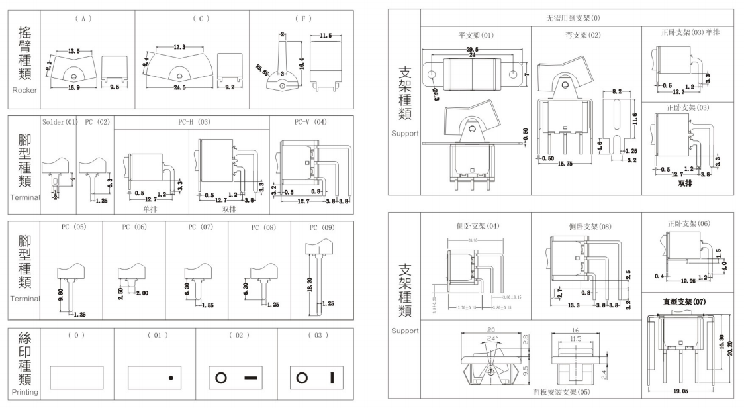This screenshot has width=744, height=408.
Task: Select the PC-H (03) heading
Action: (x=191, y=123)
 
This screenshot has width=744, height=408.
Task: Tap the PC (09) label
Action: (x=320, y=227)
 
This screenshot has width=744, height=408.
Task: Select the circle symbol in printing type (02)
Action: (x=221, y=378)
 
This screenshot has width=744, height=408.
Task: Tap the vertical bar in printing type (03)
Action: (x=332, y=378)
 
